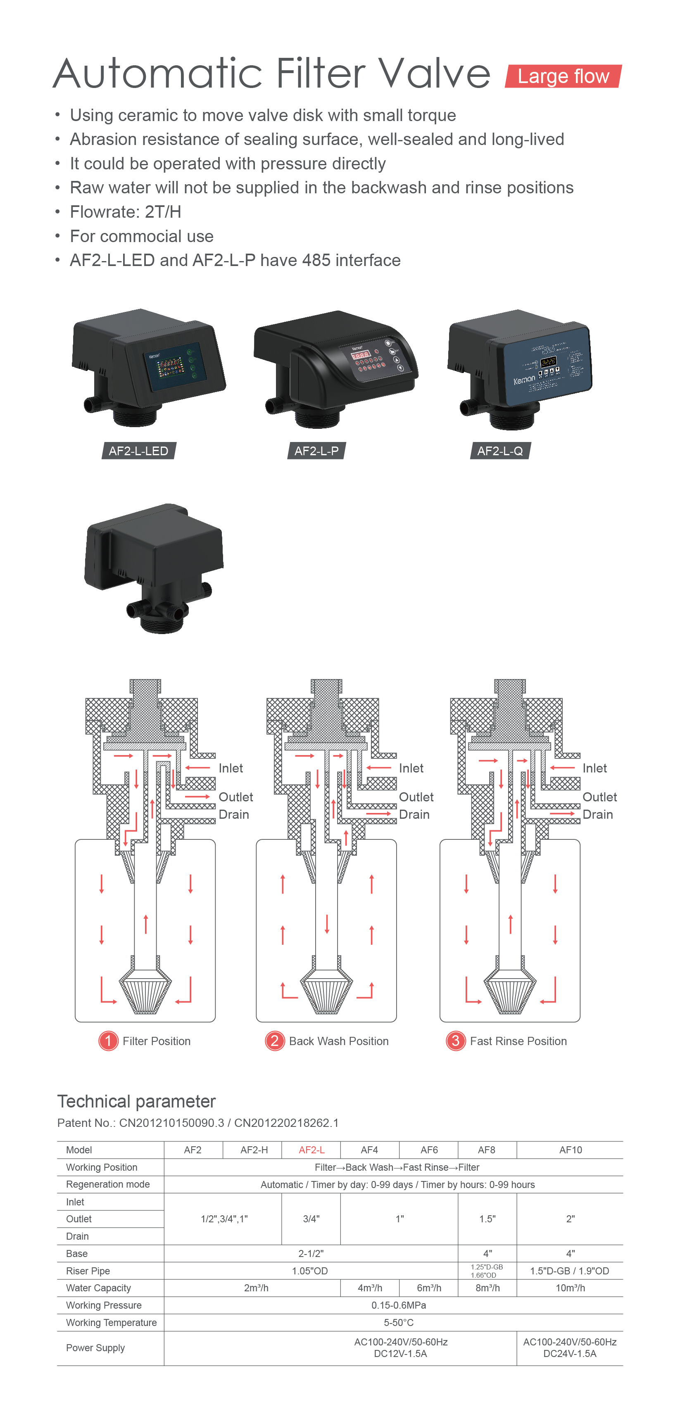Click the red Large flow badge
coord(563,76)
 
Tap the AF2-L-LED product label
coord(138,451)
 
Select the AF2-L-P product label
coord(316,451)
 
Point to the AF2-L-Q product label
coord(500,451)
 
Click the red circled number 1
coord(108,1041)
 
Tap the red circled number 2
coord(274,1041)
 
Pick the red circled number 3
coord(455,1041)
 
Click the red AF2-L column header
coord(311,1150)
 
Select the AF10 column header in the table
coord(570,1150)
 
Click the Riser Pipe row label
coord(88,1270)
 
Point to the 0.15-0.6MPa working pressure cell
coord(399,1305)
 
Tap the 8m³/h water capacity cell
coord(487,1288)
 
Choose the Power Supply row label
coord(95,1347)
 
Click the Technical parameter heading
coord(136,1101)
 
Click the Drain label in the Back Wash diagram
coord(414,814)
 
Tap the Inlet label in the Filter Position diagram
coord(230,768)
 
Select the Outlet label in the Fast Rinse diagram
coord(599,797)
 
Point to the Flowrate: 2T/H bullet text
coord(125,212)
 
